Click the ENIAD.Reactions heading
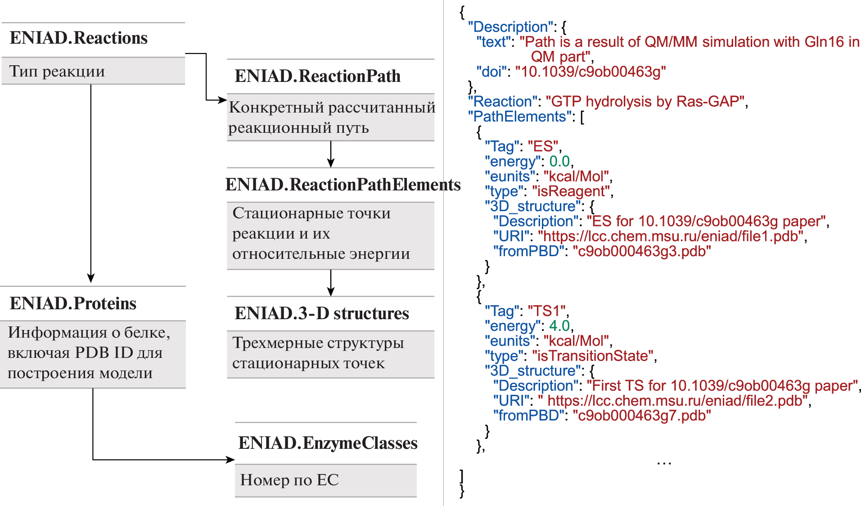tap(79, 38)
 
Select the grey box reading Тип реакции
tap(93, 71)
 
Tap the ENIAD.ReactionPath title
tap(317, 76)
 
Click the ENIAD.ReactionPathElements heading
tap(343, 185)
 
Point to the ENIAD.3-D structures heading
tap(321, 313)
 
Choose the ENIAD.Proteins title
tap(73, 303)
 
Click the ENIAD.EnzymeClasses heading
tap(328, 443)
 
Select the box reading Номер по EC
tap(325, 480)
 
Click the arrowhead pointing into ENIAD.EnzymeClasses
tap(230, 460)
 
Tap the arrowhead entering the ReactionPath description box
tap(222, 99)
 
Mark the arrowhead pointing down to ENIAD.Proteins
tap(91, 278)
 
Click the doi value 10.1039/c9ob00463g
tap(591, 72)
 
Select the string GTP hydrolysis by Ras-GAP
tap(645, 102)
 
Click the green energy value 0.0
tap(559, 161)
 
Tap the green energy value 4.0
tap(559, 326)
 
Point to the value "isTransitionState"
tap(592, 356)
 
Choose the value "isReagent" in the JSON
tap(571, 191)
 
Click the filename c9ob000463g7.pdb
tap(642, 416)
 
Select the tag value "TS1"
tap(546, 311)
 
